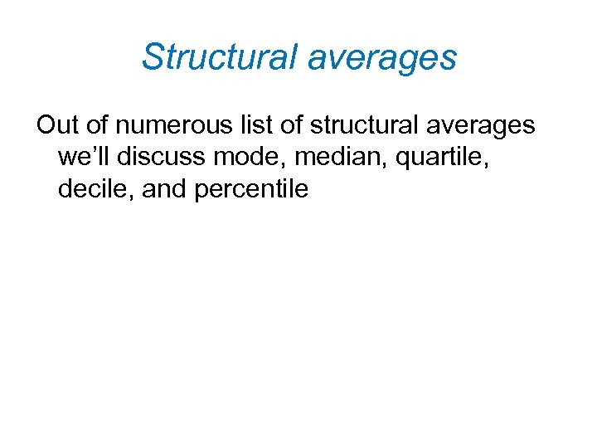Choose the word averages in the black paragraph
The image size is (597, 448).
point(480,126)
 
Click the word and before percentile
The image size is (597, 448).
point(165,189)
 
